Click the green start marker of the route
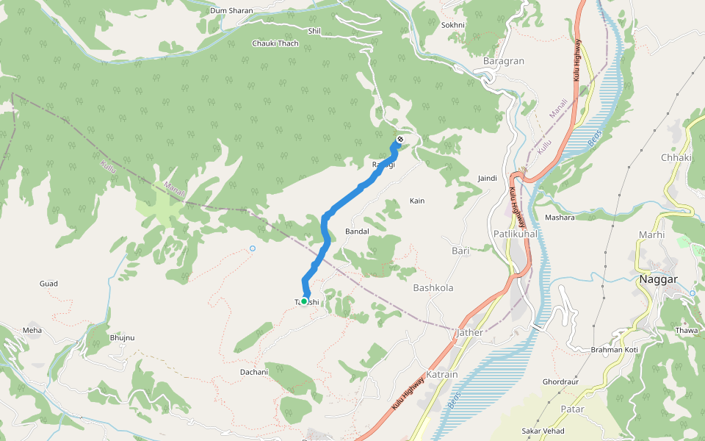coord(304,301)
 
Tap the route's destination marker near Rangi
coord(400,140)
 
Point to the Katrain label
coord(441,374)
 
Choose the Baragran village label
coord(504,61)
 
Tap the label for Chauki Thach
coord(275,43)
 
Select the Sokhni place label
coord(453,25)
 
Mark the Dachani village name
coord(254,372)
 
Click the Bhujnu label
coord(122,337)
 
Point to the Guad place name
coord(48,283)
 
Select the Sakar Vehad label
coord(543,430)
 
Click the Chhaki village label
coord(676,157)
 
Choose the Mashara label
coord(560,218)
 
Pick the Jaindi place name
coord(488,178)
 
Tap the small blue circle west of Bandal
coord(252,248)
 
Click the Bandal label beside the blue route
coord(357,231)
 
